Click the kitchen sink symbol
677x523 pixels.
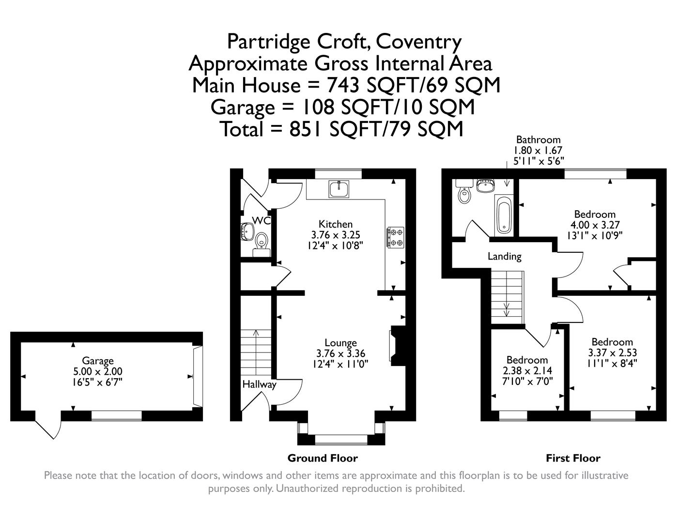[x=338, y=189]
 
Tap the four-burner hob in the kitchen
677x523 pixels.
[x=395, y=237]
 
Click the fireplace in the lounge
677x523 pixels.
[x=398, y=346]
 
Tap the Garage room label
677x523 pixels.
[x=98, y=361]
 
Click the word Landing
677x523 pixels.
[x=505, y=256]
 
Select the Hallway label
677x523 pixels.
[x=259, y=385]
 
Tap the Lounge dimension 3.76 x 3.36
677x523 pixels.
[x=340, y=353]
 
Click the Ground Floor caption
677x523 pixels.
[x=323, y=458]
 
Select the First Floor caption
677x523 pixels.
[x=573, y=458]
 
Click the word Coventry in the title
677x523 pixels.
[x=418, y=42]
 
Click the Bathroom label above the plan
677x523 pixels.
[x=538, y=140]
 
